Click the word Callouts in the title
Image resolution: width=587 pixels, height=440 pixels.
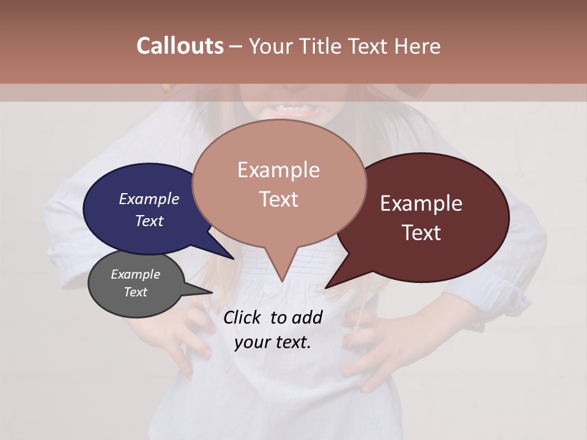(180, 46)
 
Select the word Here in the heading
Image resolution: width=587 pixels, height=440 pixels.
(418, 46)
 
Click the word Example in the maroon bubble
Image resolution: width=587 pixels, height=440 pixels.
(421, 204)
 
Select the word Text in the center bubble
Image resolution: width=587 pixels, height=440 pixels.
(279, 199)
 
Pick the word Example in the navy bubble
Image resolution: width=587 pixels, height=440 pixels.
(149, 199)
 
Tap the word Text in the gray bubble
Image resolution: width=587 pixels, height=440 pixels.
(135, 292)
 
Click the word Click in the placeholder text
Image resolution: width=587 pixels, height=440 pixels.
(243, 317)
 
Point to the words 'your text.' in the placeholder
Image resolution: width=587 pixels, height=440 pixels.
(273, 342)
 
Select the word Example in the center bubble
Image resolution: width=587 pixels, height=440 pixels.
(278, 170)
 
